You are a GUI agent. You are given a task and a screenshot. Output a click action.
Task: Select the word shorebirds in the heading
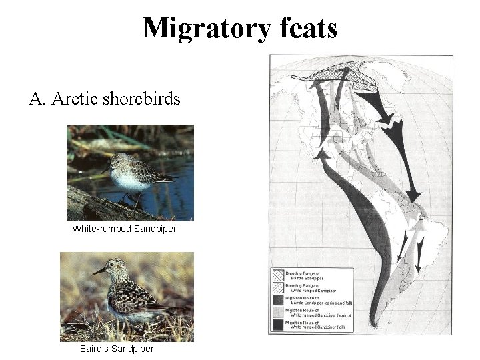click(143, 100)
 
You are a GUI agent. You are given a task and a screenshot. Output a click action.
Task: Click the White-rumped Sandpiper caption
click(125, 229)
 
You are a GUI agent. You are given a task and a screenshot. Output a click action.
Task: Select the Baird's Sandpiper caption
click(116, 349)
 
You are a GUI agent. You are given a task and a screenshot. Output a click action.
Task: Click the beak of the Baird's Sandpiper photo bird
click(99, 272)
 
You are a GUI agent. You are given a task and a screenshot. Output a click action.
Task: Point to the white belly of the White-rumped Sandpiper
click(127, 181)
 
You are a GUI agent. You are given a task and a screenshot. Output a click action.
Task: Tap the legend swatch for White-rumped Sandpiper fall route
click(279, 324)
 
